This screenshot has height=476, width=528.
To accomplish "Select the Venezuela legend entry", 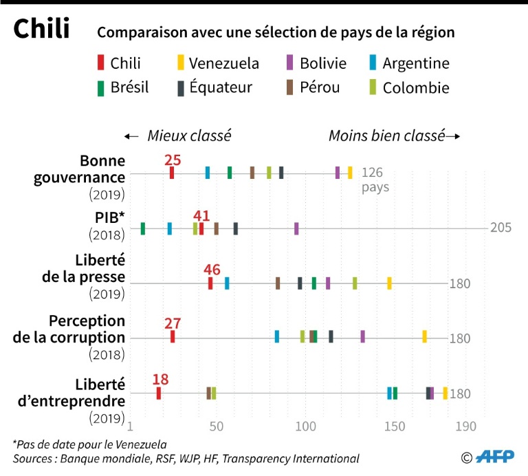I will coord(217,63).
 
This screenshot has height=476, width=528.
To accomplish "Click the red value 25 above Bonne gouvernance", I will coord(173,160).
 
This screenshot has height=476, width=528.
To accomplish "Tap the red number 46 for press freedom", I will coord(212,269).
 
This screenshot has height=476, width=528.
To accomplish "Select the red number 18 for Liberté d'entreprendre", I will coord(160,380).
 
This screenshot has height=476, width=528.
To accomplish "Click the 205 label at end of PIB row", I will coord(500,228).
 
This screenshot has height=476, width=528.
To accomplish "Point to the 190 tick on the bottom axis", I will coord(465,426).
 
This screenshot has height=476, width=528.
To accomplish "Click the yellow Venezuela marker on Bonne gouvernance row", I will coord(350,173).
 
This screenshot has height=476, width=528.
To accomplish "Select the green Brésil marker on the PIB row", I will coord(142,228).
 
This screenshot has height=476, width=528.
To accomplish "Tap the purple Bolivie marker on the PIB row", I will coord(296,228).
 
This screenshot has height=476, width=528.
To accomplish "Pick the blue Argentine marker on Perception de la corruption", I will coord(277,336).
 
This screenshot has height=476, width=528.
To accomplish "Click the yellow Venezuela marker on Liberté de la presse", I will coord(389,283).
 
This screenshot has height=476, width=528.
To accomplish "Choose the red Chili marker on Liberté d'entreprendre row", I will coord(159,393).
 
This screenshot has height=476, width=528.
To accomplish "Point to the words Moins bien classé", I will coord(386,136).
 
